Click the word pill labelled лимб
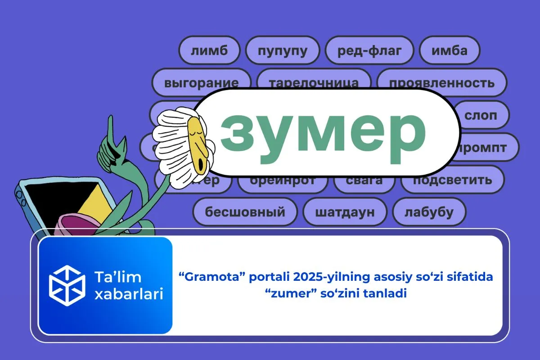209,50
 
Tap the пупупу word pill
283,50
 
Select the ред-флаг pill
369,50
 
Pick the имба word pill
449,50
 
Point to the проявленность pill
441,82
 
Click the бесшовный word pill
245,211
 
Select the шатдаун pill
345,211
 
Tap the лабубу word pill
429,211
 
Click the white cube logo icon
67,285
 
